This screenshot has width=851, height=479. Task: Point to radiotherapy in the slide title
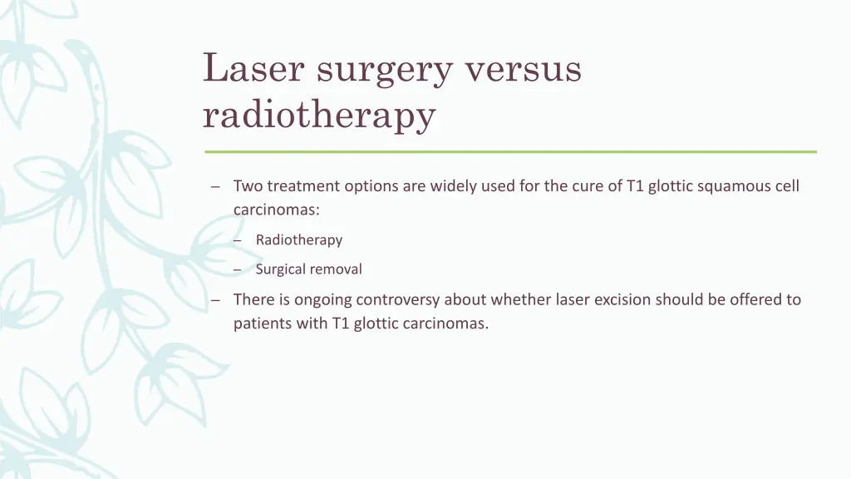pyautogui.click(x=319, y=115)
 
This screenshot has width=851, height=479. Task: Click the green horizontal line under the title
pyautogui.click(x=510, y=152)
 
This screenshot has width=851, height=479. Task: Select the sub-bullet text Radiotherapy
pyautogui.click(x=299, y=240)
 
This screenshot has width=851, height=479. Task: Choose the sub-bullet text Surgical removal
pyautogui.click(x=308, y=269)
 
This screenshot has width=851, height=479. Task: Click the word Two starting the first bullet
pyautogui.click(x=248, y=186)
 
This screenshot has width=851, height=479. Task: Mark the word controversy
pyautogui.click(x=396, y=299)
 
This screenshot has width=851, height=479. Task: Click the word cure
pyautogui.click(x=588, y=186)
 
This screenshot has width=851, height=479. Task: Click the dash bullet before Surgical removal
pyautogui.click(x=238, y=270)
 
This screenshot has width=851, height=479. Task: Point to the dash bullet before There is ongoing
pyautogui.click(x=216, y=300)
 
